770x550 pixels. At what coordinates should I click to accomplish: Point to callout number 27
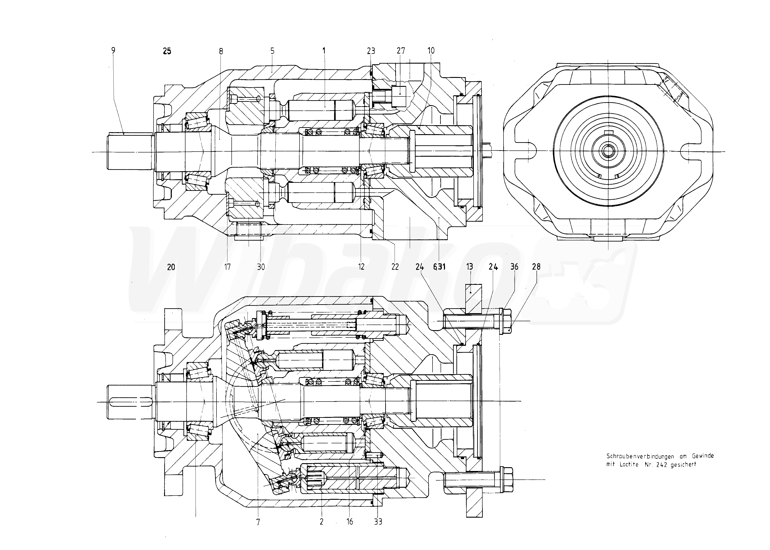401,51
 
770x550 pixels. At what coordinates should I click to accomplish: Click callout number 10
431,51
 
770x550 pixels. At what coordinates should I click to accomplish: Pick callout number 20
171,267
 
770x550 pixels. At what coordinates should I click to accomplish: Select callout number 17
227,267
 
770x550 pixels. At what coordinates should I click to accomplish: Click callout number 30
260,267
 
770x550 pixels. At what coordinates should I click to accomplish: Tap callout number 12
361,267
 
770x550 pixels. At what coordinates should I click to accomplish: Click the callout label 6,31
439,267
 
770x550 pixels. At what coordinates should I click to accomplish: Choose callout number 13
469,267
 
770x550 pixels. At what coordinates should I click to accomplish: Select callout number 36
514,267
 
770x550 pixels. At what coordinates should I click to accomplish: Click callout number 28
536,267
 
